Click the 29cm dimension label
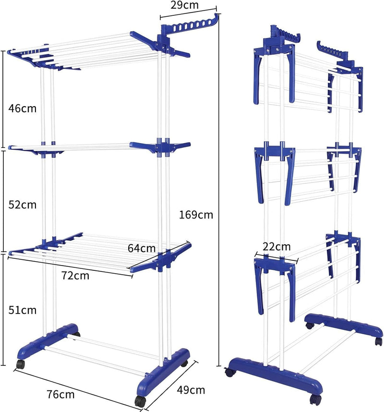(x=184, y=5)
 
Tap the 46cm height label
(x=23, y=108)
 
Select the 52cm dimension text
(x=23, y=205)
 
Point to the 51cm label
(x=23, y=310)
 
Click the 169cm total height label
(x=196, y=215)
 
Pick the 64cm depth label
(x=142, y=248)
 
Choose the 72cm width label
(x=75, y=276)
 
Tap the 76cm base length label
(x=60, y=394)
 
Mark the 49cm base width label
(x=191, y=390)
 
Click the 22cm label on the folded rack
(x=276, y=246)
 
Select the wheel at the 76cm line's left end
(x=20, y=364)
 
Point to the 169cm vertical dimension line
(x=219, y=190)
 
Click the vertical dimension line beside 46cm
(x=3, y=99)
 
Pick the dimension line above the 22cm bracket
(x=276, y=258)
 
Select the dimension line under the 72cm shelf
(x=70, y=267)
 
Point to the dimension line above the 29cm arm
(x=188, y=12)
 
